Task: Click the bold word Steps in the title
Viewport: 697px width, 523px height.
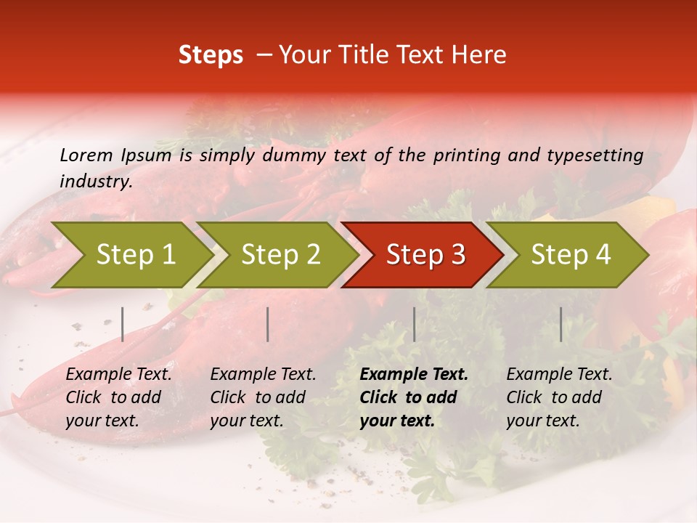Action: pos(211,54)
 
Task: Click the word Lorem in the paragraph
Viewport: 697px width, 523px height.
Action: pos(86,155)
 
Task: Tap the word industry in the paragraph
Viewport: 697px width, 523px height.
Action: pos(95,181)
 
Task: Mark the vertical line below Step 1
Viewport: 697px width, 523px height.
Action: pos(123,324)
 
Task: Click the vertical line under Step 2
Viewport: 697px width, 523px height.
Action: pos(268,324)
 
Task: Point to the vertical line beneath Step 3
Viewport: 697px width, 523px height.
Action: pos(415,324)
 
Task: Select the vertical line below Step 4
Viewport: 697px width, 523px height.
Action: pos(561,324)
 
